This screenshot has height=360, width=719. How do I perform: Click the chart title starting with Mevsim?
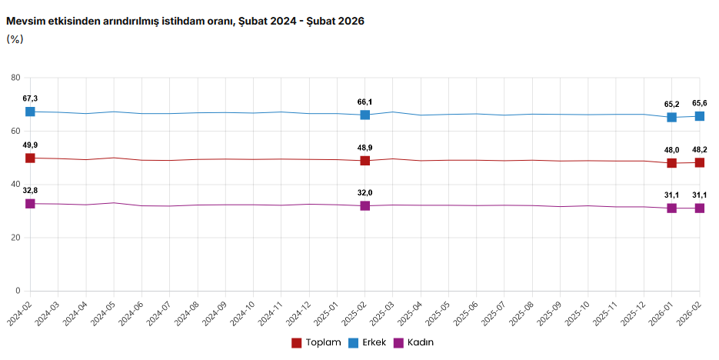tap(185, 22)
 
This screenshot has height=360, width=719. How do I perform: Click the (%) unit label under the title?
tap(15, 39)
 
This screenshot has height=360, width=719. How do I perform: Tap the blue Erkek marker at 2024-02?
tap(30, 112)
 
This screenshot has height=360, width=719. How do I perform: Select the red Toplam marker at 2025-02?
tap(365, 161)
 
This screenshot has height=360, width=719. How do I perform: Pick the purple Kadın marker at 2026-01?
tap(672, 208)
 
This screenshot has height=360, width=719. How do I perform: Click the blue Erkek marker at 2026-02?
tap(700, 116)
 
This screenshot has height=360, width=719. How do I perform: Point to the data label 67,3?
tap(30, 98)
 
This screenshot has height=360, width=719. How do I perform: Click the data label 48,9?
tap(365, 147)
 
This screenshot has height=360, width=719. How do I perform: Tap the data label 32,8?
tap(30, 190)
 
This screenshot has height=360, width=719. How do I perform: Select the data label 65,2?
tap(672, 104)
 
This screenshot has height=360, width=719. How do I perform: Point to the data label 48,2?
tap(700, 149)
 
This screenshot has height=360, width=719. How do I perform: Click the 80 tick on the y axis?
tap(15, 78)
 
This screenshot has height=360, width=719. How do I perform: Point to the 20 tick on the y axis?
tap(15, 238)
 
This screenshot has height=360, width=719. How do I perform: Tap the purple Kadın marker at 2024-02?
tap(30, 204)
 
